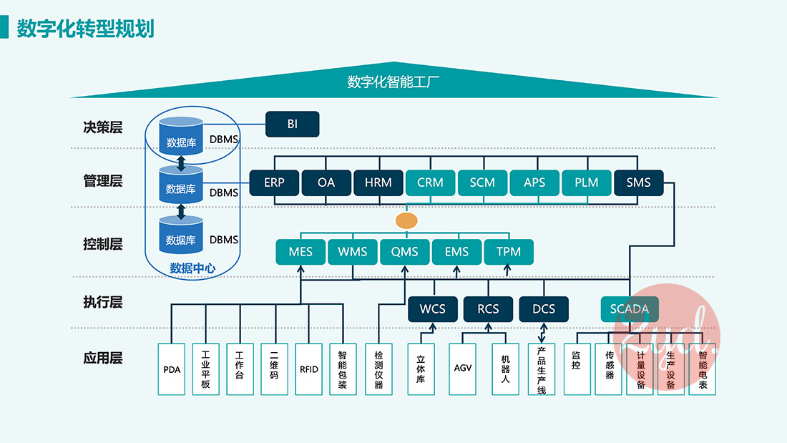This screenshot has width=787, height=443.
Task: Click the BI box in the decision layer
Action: click(x=292, y=124)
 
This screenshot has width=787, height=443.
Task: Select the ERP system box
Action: click(x=274, y=182)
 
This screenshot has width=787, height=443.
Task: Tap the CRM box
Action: click(x=431, y=182)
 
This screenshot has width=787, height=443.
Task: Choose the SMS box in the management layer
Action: click(x=638, y=182)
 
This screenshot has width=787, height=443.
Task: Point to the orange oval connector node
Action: click(x=406, y=220)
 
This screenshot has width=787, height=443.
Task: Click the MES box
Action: click(x=300, y=252)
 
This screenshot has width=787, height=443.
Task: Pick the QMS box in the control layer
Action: click(x=404, y=252)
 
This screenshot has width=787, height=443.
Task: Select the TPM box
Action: click(x=508, y=252)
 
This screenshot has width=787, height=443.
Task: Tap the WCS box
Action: click(x=432, y=309)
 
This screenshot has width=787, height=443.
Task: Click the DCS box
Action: click(x=544, y=309)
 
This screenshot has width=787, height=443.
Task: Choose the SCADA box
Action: click(x=629, y=309)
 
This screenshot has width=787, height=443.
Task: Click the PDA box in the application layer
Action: click(x=172, y=369)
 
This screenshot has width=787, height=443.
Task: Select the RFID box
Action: click(x=309, y=369)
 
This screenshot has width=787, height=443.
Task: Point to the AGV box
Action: click(x=463, y=369)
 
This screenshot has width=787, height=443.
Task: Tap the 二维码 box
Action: click(x=274, y=369)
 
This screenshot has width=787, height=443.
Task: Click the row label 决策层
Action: click(x=103, y=128)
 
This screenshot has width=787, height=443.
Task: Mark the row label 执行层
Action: click(x=103, y=303)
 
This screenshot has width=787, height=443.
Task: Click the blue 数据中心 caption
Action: click(x=192, y=268)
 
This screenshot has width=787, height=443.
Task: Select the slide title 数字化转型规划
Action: click(x=85, y=29)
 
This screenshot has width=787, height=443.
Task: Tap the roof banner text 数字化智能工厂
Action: click(x=393, y=82)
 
